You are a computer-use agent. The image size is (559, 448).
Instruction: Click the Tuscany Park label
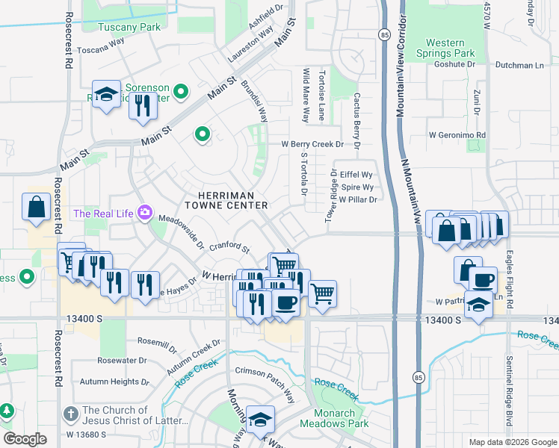[x=129, y=27]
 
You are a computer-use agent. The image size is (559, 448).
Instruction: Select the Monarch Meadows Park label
[x=334, y=418]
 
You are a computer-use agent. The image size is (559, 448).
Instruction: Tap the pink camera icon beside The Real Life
[x=144, y=214]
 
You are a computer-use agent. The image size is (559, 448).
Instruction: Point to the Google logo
[x=25, y=439]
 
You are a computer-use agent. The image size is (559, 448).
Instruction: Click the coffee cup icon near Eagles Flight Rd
[x=483, y=280]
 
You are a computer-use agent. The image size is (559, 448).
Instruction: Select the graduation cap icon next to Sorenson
[x=107, y=94]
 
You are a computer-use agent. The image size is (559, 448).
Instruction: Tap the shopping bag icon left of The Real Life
[x=36, y=207]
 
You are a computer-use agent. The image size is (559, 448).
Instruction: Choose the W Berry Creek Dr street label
[x=312, y=144]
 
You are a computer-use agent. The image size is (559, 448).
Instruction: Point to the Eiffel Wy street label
[x=356, y=175]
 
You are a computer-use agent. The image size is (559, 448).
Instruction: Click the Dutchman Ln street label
[x=518, y=65]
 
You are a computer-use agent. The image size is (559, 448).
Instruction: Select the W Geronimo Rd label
[x=457, y=135]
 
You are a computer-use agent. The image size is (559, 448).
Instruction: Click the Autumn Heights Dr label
[x=109, y=382]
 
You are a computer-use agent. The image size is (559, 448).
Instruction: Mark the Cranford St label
[x=228, y=247]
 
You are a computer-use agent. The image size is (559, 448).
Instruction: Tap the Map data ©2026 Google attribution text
[x=512, y=442]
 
